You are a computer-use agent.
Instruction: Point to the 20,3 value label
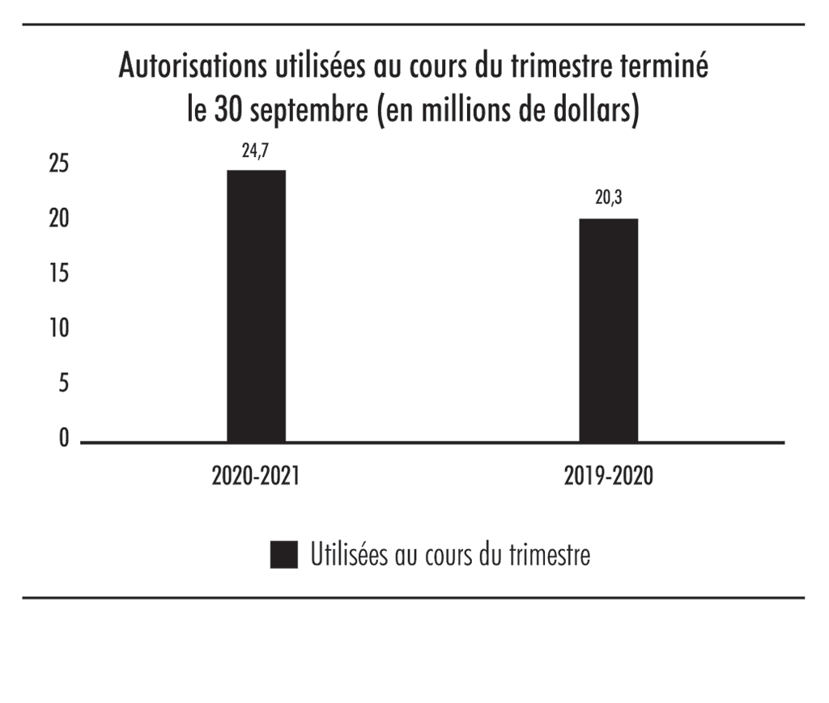coord(609,200)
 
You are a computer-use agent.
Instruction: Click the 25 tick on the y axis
coord(57,164)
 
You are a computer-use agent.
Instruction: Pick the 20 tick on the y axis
coord(57,219)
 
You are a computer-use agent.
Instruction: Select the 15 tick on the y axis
coord(57,274)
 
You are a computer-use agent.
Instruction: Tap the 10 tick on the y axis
coord(57,329)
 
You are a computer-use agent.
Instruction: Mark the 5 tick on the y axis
coord(62,384)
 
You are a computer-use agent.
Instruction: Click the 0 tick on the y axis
coord(62,439)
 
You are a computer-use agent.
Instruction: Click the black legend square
coord(284,556)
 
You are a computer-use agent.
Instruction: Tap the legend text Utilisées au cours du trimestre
coord(449,556)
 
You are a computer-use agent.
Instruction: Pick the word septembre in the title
coord(311,111)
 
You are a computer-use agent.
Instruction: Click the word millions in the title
coord(473,109)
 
